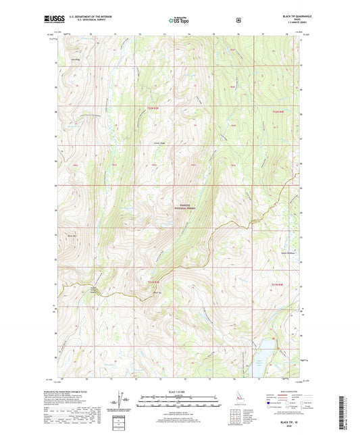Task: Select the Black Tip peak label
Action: [x=155, y=294]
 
